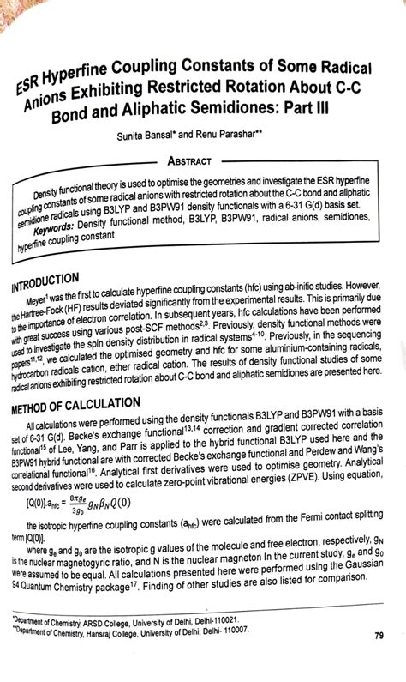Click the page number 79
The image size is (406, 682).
(378, 636)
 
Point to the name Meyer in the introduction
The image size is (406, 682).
(45, 302)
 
